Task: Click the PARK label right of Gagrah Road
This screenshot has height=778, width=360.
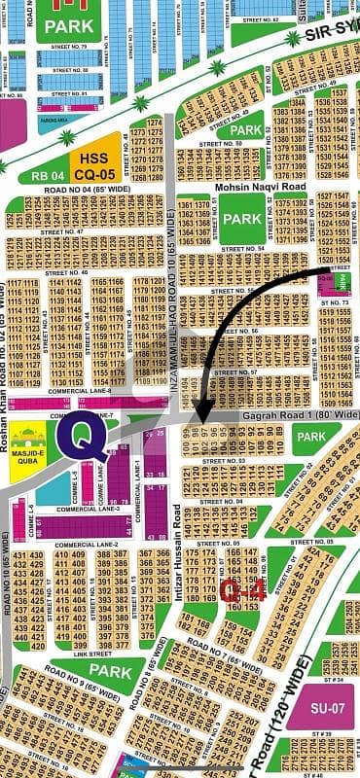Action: (x=311, y=437)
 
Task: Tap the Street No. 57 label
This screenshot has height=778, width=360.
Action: (x=239, y=371)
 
